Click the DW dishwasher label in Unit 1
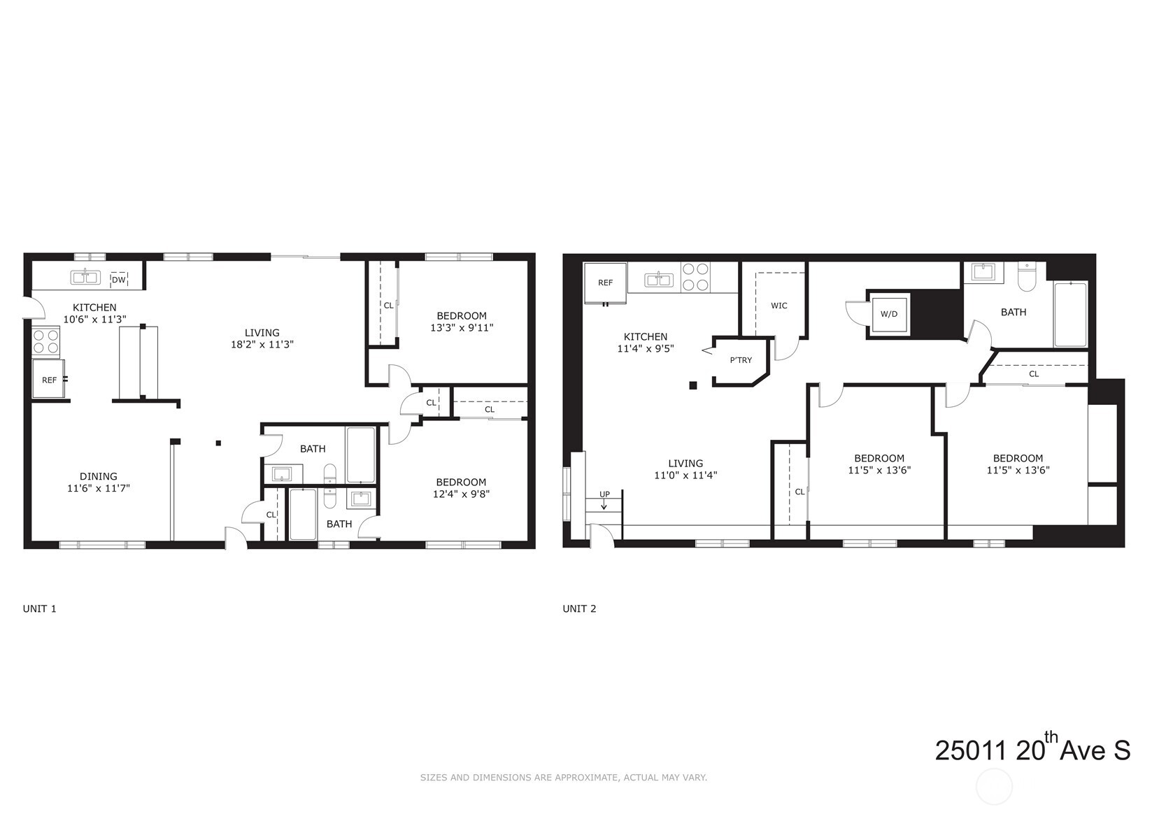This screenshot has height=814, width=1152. coord(118,280)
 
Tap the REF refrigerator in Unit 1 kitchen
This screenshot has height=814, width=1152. coord(49,379)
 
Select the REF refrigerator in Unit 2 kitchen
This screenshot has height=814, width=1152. coord(605,283)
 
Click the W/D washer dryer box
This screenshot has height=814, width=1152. coord(889,314)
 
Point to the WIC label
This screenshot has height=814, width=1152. coord(778,306)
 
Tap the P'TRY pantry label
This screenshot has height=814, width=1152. coord(741,360)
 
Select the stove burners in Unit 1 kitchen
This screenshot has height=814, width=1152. coord(45,341)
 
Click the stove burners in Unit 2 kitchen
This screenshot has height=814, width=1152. coord(695,277)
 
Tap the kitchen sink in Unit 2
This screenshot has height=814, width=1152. coord(658,280)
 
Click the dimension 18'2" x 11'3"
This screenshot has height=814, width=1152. coord(262,345)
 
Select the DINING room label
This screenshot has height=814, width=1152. coord(98,476)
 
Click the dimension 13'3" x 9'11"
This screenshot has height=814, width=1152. coord(462,327)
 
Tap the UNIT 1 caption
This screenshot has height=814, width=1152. coord(39,609)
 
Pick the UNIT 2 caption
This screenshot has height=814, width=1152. coord(579,609)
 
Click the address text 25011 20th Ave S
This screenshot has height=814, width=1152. coord(1032,749)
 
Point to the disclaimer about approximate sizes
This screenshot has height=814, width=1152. coord(564,778)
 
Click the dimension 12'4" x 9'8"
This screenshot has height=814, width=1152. coord(461,494)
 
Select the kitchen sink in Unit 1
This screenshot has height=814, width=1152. coord(85,278)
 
